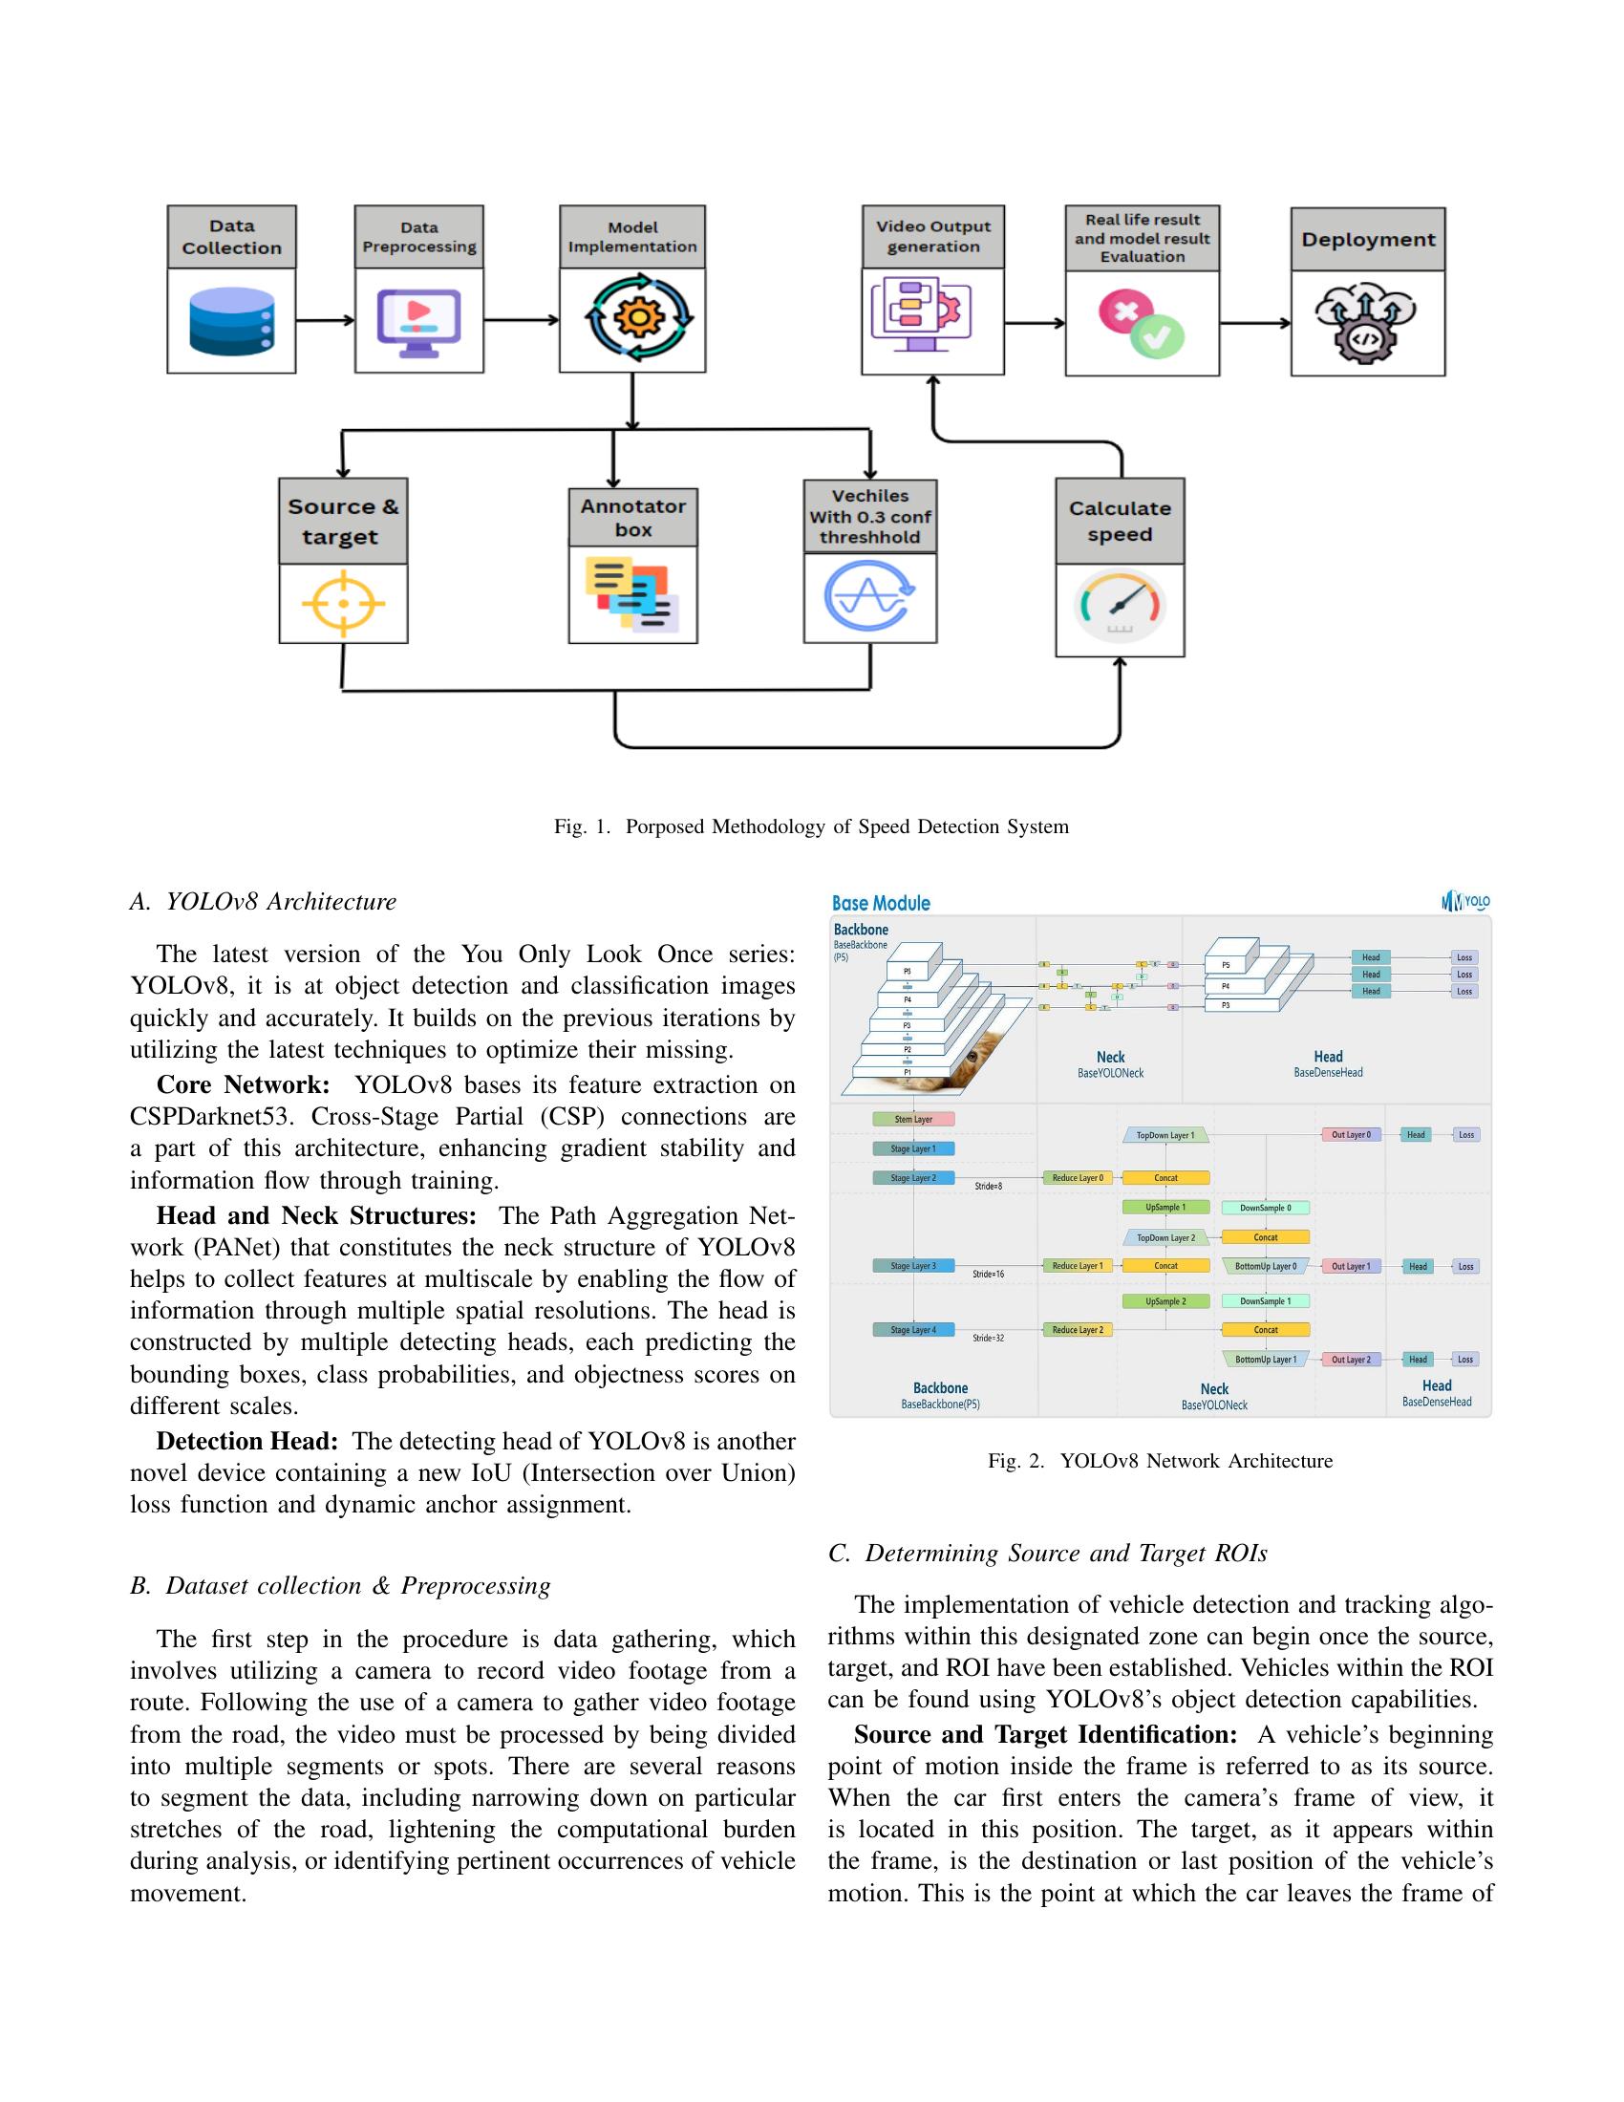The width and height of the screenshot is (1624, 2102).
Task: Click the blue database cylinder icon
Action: (232, 321)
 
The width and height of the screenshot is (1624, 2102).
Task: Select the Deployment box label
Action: (1367, 240)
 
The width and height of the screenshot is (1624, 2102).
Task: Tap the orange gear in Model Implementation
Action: (633, 316)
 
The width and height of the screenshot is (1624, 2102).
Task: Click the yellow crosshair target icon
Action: (344, 604)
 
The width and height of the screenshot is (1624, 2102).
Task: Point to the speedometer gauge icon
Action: (1120, 608)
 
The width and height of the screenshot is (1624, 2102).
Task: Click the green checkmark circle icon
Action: (1158, 336)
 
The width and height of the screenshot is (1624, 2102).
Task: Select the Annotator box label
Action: (633, 518)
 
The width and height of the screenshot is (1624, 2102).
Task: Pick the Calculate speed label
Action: (1120, 521)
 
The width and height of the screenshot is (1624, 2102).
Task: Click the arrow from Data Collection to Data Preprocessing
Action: (325, 320)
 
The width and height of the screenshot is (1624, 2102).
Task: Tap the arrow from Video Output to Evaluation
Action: (1035, 323)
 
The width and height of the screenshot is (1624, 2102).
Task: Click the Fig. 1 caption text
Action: (811, 826)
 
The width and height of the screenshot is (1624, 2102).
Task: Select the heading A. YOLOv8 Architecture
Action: (263, 902)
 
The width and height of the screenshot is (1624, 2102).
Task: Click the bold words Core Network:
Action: (244, 1084)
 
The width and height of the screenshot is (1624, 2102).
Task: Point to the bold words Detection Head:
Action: (247, 1441)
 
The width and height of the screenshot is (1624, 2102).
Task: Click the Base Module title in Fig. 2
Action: (881, 903)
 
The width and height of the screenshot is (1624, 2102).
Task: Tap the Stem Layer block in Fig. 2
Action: (913, 1120)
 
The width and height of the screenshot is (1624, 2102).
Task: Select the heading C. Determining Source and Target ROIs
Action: (1048, 1554)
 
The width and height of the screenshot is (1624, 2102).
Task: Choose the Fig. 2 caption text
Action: (1161, 1461)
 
